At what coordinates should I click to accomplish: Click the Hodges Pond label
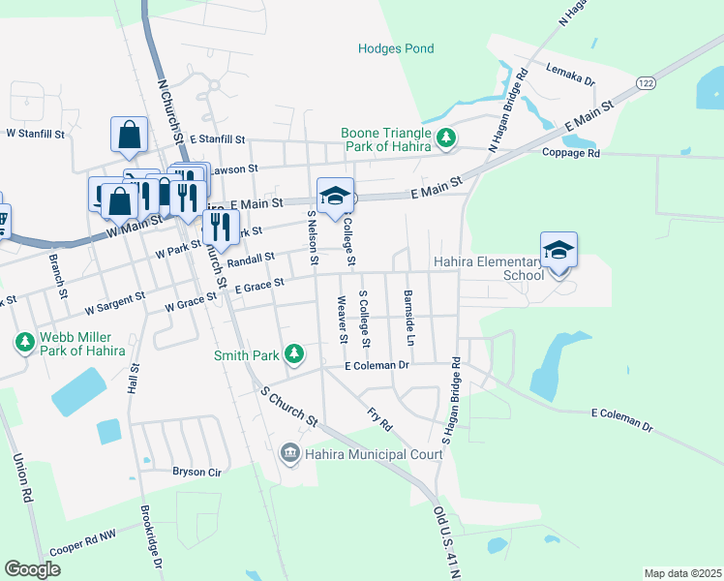396,48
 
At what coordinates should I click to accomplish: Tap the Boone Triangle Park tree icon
446,139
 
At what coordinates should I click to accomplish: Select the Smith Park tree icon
294,355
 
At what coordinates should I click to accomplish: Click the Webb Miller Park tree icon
23,342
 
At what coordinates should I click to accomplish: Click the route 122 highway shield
646,84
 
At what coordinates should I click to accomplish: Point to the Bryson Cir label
197,473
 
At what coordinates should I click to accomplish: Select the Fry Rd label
379,417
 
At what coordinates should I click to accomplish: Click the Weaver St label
342,321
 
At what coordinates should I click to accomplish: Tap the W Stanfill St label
36,134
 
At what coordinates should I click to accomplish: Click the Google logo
32,569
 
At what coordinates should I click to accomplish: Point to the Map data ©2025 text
681,573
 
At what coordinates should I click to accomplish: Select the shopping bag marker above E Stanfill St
129,137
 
